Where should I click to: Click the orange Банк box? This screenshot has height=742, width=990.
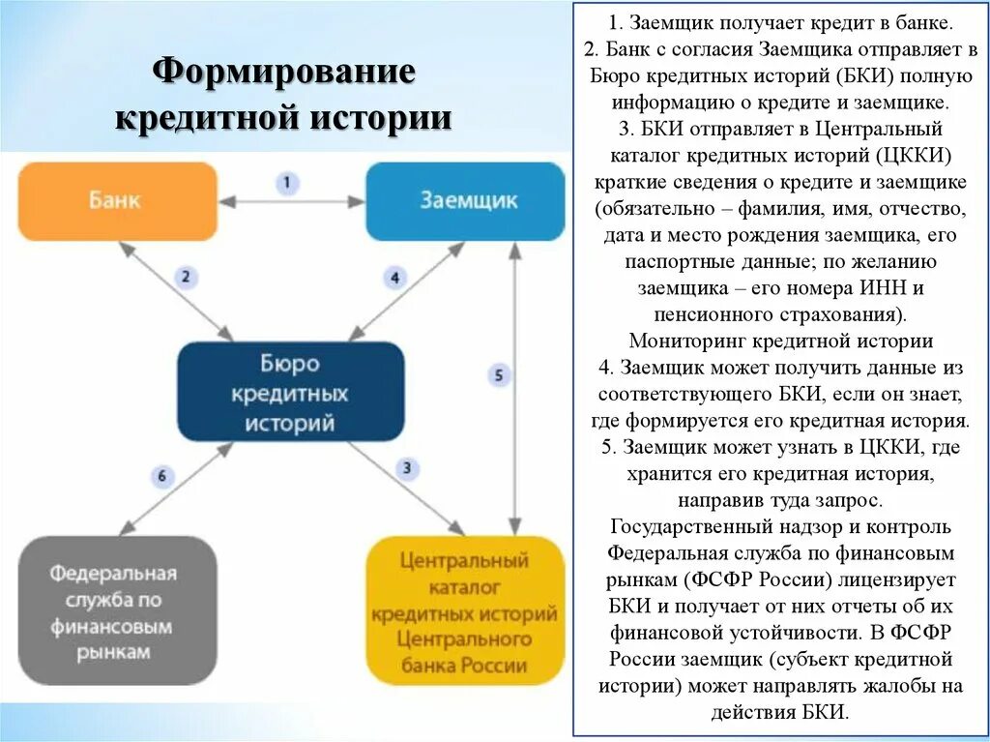click(117, 201)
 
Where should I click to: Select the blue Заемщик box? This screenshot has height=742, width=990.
click(464, 201)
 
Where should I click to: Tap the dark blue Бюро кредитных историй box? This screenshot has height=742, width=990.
click(290, 393)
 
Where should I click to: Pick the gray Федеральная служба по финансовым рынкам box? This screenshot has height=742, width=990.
click(116, 611)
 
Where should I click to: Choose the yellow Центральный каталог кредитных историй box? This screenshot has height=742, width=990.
click(464, 611)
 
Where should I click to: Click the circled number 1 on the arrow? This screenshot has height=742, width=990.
click(287, 183)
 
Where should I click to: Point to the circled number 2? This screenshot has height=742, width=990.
click(188, 277)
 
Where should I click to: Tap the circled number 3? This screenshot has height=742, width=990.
click(407, 468)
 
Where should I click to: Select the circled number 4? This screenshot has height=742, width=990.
click(394, 278)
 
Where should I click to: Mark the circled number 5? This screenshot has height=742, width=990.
click(499, 375)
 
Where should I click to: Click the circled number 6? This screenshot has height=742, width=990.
click(161, 475)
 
